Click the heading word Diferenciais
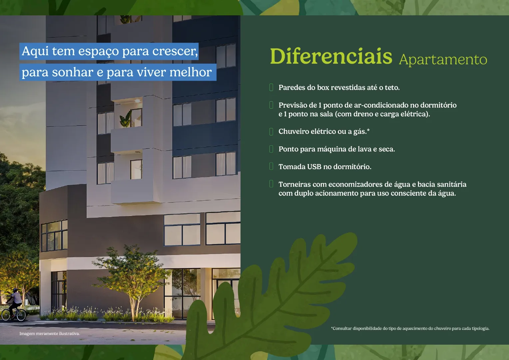[331, 56]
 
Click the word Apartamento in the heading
[443, 60]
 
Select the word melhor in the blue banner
[191, 72]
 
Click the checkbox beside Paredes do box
[271, 87]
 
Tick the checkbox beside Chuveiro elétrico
[271, 131]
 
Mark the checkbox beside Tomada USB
[271, 166]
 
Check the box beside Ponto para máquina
[271, 149]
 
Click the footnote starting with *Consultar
[410, 328]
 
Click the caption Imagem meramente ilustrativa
[50, 334]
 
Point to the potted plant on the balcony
[126, 119]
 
